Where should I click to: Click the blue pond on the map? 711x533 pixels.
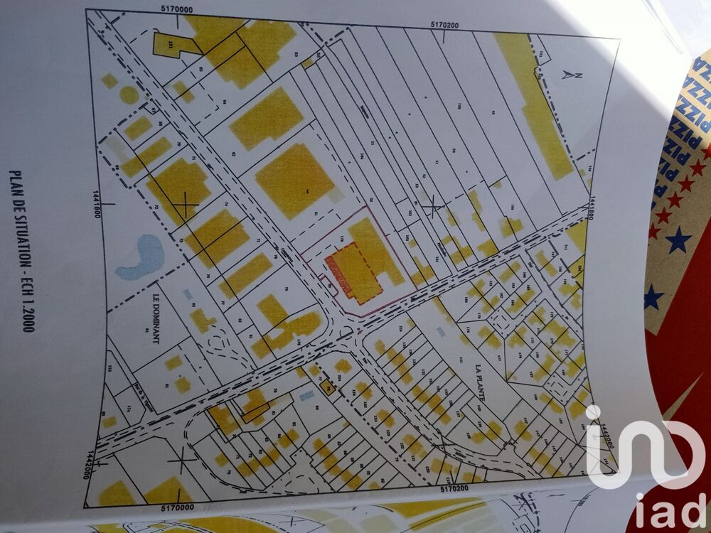pos(141,257)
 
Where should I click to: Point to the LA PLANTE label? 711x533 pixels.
pos(478,383)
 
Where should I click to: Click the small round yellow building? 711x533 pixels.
pos(129,95)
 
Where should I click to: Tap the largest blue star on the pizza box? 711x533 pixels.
pos(678,239)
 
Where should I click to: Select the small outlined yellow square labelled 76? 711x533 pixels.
pos(328,387)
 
